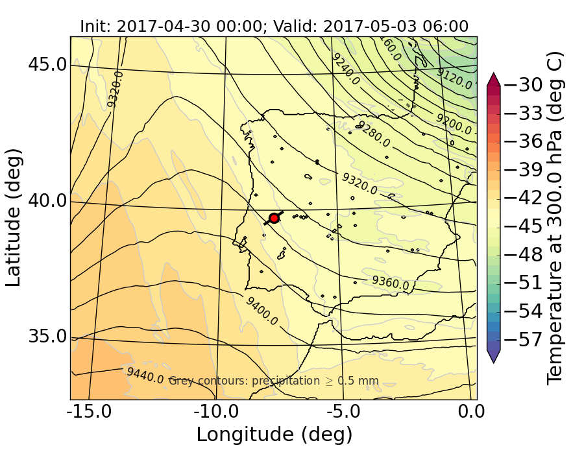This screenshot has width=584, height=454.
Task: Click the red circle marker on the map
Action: tap(274, 218)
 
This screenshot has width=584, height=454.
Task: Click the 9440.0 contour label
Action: tap(145, 375)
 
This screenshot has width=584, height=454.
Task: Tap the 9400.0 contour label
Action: tap(262, 311)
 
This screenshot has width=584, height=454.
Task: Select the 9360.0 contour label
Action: tap(390, 282)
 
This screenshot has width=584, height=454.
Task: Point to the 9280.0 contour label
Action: tap(373, 133)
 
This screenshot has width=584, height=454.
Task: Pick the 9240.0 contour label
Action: tap(345, 67)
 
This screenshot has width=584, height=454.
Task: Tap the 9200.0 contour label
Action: tap(454, 123)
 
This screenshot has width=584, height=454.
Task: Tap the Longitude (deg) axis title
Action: tap(274, 434)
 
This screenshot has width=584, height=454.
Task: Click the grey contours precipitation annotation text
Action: tap(273, 381)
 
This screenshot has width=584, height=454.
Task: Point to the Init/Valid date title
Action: tap(274, 27)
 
